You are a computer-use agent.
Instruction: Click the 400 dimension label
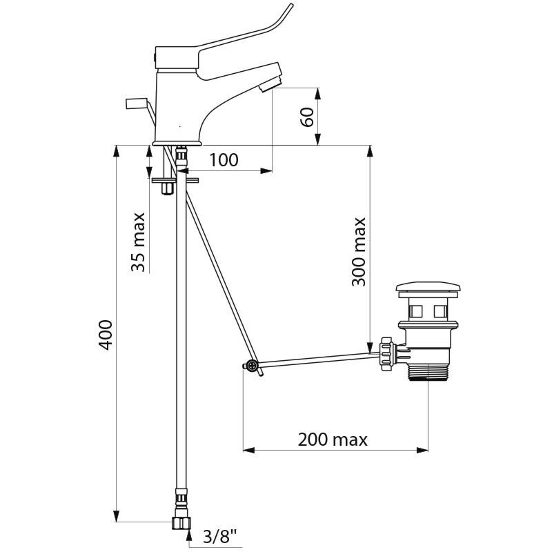[106, 335]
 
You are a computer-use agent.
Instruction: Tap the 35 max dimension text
[138, 242]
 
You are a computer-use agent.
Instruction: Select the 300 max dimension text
[359, 252]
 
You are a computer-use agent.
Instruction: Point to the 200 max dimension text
[333, 440]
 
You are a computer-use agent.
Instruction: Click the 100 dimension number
[224, 160]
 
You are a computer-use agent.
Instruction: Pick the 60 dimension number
[307, 117]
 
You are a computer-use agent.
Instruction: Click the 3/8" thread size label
[219, 537]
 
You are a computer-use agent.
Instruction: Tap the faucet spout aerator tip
[270, 84]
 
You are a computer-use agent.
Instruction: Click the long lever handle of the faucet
[226, 49]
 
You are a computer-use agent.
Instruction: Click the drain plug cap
[428, 288]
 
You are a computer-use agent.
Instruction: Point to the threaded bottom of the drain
[428, 374]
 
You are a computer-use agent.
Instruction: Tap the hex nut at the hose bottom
[181, 522]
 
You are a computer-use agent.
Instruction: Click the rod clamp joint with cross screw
[251, 366]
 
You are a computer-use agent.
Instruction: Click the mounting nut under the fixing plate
[167, 188]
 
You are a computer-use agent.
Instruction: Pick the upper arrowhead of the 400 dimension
[117, 150]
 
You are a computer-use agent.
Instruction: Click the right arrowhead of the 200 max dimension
[422, 450]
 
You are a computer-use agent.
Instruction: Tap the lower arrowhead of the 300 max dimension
[370, 347]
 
